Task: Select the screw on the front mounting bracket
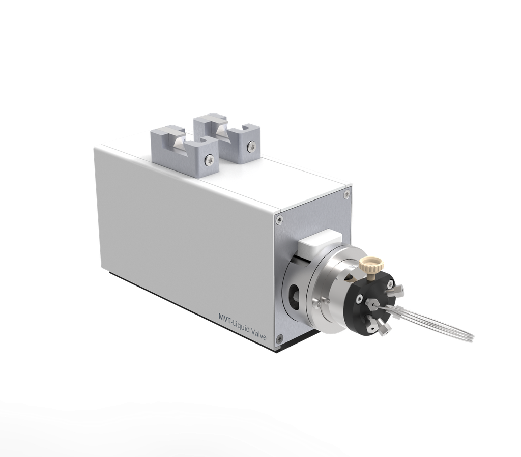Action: point(209,160)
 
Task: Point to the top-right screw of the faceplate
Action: point(346,194)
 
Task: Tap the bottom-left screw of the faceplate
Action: point(279,337)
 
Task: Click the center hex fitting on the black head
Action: point(373,304)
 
